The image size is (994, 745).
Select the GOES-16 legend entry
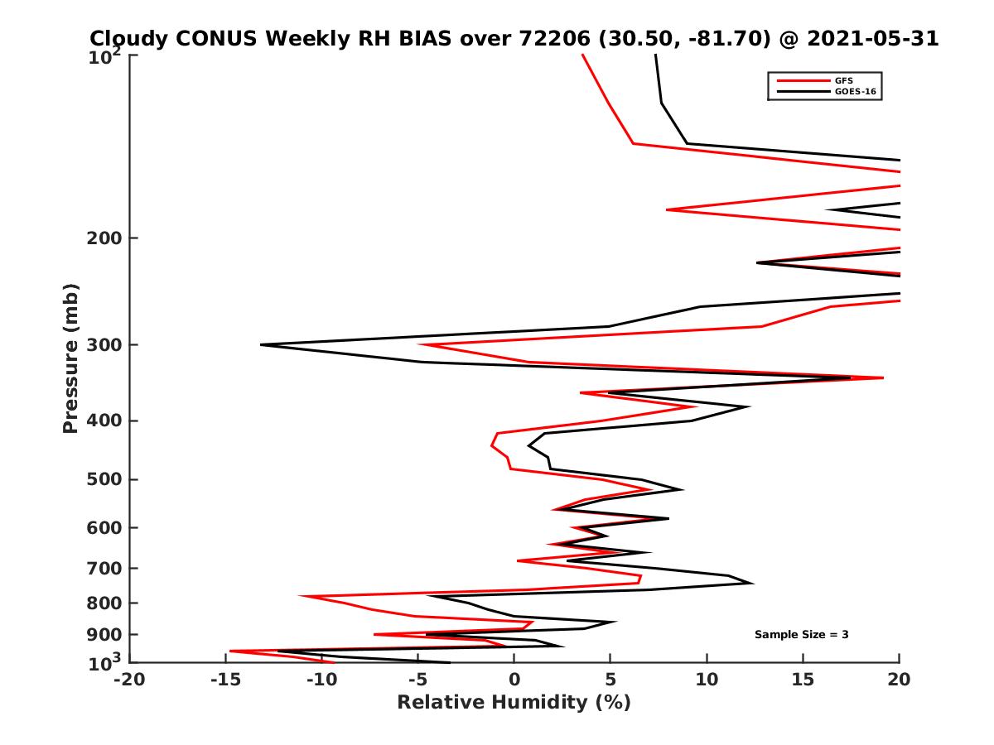pos(855,92)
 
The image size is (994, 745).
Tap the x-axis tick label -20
pos(128,680)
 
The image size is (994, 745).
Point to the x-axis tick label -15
pos(225,680)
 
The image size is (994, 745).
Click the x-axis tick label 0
pos(514,680)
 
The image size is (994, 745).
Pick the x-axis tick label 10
pos(707,680)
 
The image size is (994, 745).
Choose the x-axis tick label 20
pos(899,680)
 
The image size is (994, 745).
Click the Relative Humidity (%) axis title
pos(514,703)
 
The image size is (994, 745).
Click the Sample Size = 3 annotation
pos(801,635)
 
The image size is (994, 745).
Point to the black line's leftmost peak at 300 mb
pos(261,344)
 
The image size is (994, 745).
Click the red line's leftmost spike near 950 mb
pos(230,651)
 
